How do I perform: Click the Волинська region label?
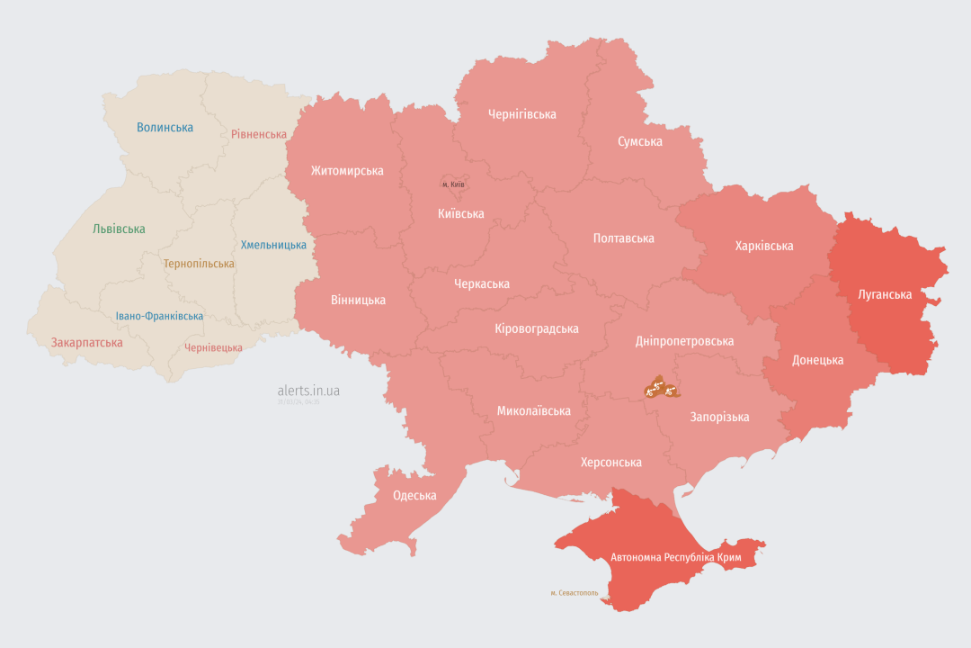click(x=165, y=128)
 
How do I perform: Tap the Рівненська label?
click(x=258, y=134)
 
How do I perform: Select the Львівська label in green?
click(x=119, y=229)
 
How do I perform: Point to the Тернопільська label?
click(x=199, y=264)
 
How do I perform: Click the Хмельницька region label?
click(x=273, y=245)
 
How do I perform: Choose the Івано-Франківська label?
click(x=159, y=316)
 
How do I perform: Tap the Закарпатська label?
click(x=86, y=343)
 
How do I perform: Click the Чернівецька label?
click(x=213, y=347)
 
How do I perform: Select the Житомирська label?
click(x=347, y=171)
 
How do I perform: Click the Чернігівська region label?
click(x=521, y=114)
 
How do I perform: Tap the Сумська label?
click(x=640, y=141)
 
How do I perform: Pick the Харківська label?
click(x=763, y=246)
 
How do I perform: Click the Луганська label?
click(x=885, y=294)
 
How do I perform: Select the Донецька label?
click(x=817, y=360)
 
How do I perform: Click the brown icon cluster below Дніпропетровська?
click(x=660, y=389)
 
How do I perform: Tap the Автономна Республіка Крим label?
click(x=676, y=557)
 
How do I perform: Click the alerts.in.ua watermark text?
click(x=308, y=391)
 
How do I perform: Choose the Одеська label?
click(x=414, y=495)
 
